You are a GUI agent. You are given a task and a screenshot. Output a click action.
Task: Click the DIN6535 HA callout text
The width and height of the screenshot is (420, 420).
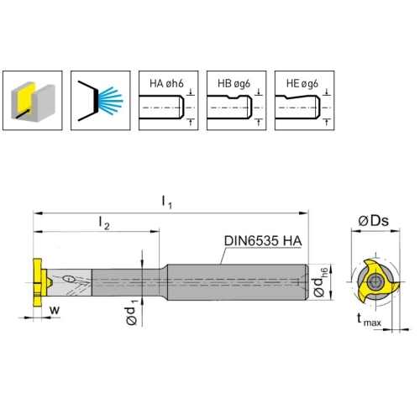coord(263,241)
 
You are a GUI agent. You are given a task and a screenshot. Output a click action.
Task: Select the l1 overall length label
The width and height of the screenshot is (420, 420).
coord(167,202)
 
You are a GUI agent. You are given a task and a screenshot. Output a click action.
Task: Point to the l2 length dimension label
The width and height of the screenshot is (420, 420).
coord(104,223)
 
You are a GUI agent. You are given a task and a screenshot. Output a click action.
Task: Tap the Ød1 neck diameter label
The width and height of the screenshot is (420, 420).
coord(132,312)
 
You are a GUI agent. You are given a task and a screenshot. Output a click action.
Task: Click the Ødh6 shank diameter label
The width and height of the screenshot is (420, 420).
coord(320,282)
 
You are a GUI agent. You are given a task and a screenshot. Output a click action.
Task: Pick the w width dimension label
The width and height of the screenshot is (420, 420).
coord(55,310)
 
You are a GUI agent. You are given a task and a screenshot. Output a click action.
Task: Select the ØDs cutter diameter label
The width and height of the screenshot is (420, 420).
coord(374,221)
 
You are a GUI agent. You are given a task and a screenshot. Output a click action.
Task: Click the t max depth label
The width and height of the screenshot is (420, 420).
coord(369,320)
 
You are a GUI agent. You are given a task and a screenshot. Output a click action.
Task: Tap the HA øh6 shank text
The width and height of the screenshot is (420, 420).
coord(166,83)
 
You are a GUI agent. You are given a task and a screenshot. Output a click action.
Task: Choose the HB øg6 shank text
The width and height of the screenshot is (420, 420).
coord(234,83)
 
